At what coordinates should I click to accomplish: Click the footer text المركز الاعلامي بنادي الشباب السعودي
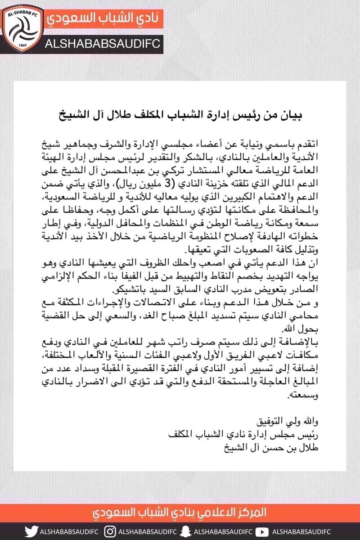[x=180, y=513]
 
